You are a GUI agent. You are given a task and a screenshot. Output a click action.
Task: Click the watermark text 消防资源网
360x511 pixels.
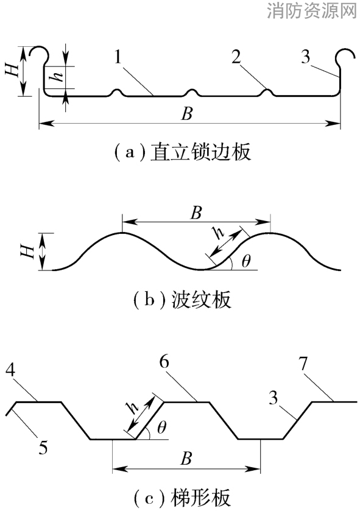point(311,10)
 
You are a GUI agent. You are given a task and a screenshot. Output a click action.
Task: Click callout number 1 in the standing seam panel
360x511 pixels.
point(118,58)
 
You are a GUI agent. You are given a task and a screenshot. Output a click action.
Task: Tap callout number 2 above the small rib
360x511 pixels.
point(236,57)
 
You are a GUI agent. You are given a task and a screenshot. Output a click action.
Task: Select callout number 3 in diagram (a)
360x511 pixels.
point(305,57)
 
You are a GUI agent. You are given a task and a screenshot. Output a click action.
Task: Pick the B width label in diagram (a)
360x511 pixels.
point(187,114)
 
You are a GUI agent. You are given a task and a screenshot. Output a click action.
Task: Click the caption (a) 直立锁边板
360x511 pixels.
point(183,152)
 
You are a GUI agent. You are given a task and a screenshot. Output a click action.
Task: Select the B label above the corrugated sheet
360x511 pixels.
point(197,213)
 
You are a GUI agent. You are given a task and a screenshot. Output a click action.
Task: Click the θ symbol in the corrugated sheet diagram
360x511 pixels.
point(246,261)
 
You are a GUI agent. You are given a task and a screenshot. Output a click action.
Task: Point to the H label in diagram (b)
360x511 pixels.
point(29,252)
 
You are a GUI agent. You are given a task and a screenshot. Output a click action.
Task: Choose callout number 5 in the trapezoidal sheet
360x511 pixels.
point(43,447)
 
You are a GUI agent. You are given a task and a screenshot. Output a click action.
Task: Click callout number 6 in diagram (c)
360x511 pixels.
point(164,362)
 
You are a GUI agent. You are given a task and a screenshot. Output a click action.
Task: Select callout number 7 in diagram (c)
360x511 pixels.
point(303,364)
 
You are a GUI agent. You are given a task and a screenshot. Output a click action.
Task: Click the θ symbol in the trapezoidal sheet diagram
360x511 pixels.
point(161,427)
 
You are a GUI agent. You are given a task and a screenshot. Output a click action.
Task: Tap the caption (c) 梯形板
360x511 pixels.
point(183,498)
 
